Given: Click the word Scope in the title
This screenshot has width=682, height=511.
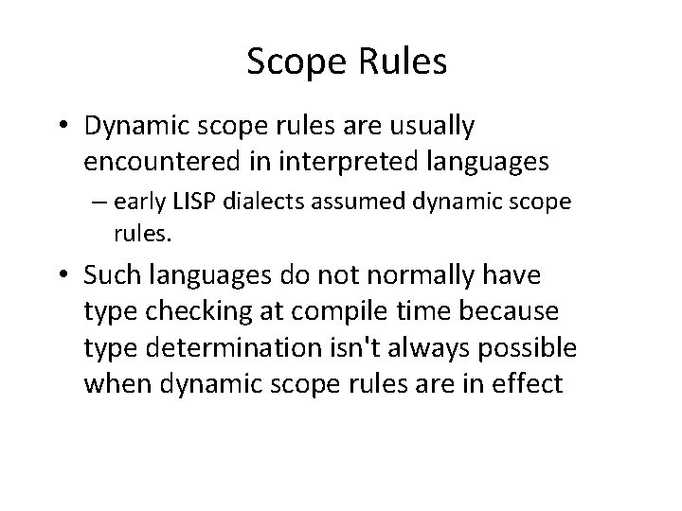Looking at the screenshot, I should click(x=291, y=62).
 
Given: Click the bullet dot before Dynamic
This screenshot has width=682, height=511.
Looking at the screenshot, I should click(x=93, y=126).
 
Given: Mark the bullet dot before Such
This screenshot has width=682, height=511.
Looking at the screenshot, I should click(x=93, y=277).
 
